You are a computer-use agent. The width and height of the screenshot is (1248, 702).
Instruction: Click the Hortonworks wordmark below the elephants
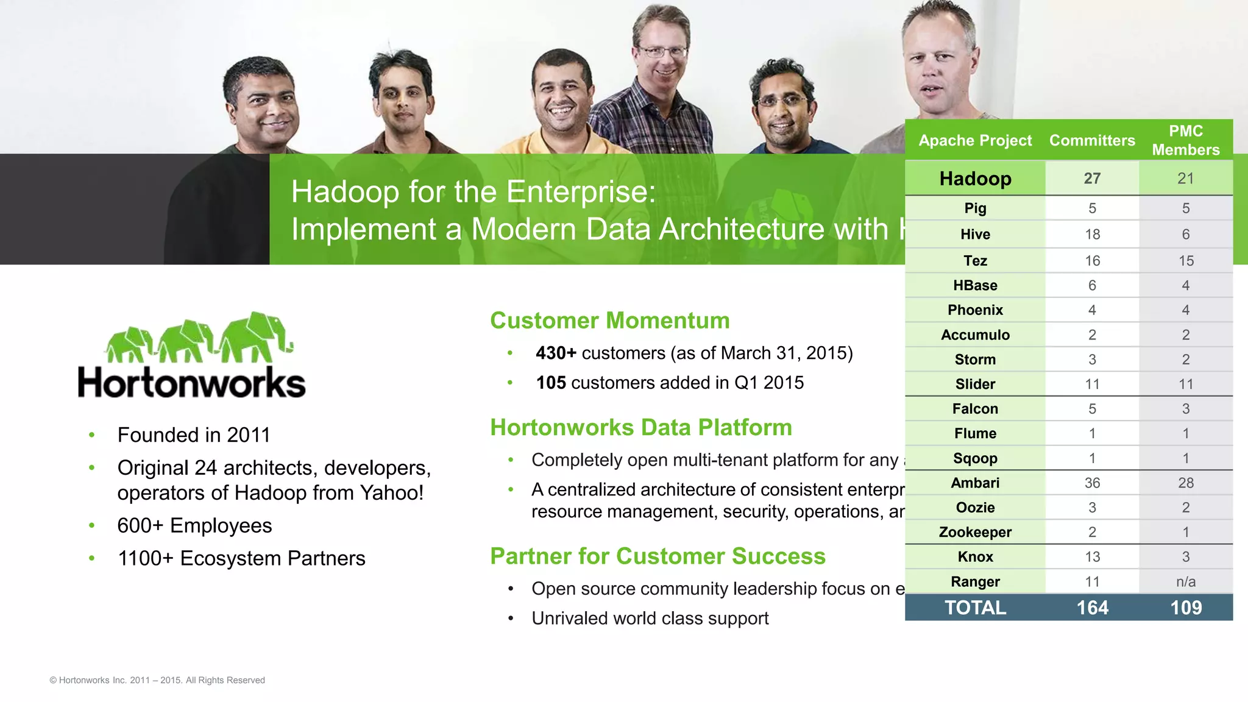pos(191,383)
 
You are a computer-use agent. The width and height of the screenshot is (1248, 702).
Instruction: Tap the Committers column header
pos(1092,141)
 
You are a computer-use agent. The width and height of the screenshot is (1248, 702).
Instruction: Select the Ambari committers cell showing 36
pos(1092,483)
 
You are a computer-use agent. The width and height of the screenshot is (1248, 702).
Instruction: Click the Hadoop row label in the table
pos(975,179)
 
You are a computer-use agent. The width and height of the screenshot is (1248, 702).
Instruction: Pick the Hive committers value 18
pos(1092,235)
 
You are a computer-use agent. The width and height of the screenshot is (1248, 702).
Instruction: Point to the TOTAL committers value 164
pos(1092,608)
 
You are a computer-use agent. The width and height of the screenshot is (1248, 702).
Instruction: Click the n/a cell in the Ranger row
pos(1185,582)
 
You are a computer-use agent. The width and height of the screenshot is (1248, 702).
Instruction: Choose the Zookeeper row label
pos(975,533)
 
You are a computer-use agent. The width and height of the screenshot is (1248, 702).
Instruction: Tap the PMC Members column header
pos(1185,141)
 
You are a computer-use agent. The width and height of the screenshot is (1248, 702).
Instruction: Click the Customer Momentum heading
pos(609,321)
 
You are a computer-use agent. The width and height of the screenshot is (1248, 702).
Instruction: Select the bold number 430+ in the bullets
pos(556,353)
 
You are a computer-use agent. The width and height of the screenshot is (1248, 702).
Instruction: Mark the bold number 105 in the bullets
pos(551,383)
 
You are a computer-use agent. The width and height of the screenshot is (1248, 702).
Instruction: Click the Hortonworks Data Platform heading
pos(641,428)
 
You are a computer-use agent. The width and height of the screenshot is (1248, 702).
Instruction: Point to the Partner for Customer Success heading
pos(658,556)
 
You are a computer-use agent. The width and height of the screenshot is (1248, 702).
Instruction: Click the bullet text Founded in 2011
pos(194,435)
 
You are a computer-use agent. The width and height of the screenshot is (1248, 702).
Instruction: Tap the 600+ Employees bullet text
pos(194,526)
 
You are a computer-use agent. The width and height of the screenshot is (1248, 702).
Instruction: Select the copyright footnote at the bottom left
pos(157,680)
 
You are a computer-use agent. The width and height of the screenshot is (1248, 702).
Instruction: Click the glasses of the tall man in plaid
pos(662,52)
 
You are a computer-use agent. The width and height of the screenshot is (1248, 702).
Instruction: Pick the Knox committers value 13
pos(1092,557)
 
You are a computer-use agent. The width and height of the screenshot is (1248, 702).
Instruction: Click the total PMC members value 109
pos(1185,608)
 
